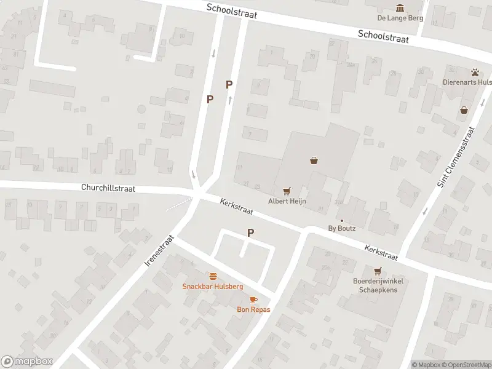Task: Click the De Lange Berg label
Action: (400, 18)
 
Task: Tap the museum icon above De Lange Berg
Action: (400, 7)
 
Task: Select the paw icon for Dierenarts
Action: (475, 72)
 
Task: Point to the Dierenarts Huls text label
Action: (467, 82)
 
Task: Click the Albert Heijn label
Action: (287, 201)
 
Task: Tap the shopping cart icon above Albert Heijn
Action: (286, 191)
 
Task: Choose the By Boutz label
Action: (342, 229)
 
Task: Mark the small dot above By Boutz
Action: (342, 220)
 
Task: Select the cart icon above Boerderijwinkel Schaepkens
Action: (377, 271)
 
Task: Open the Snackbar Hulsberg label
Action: (213, 287)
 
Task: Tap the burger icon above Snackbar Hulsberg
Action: (213, 276)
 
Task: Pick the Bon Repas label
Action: (253, 309)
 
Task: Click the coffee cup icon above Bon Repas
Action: (253, 299)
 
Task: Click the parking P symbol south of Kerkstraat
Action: (250, 232)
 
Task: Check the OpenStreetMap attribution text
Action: (465, 365)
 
